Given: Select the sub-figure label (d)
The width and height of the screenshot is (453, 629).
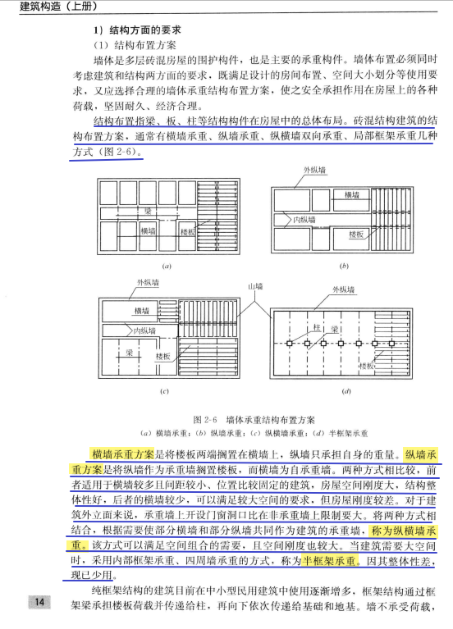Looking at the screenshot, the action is tap(345, 391).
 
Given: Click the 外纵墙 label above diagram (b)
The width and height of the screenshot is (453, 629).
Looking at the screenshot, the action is tap(313, 169).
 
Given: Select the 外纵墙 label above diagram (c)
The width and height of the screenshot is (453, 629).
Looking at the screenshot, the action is tap(149, 283).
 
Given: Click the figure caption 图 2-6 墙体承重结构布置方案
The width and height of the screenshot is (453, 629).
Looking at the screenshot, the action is tap(254, 419).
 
